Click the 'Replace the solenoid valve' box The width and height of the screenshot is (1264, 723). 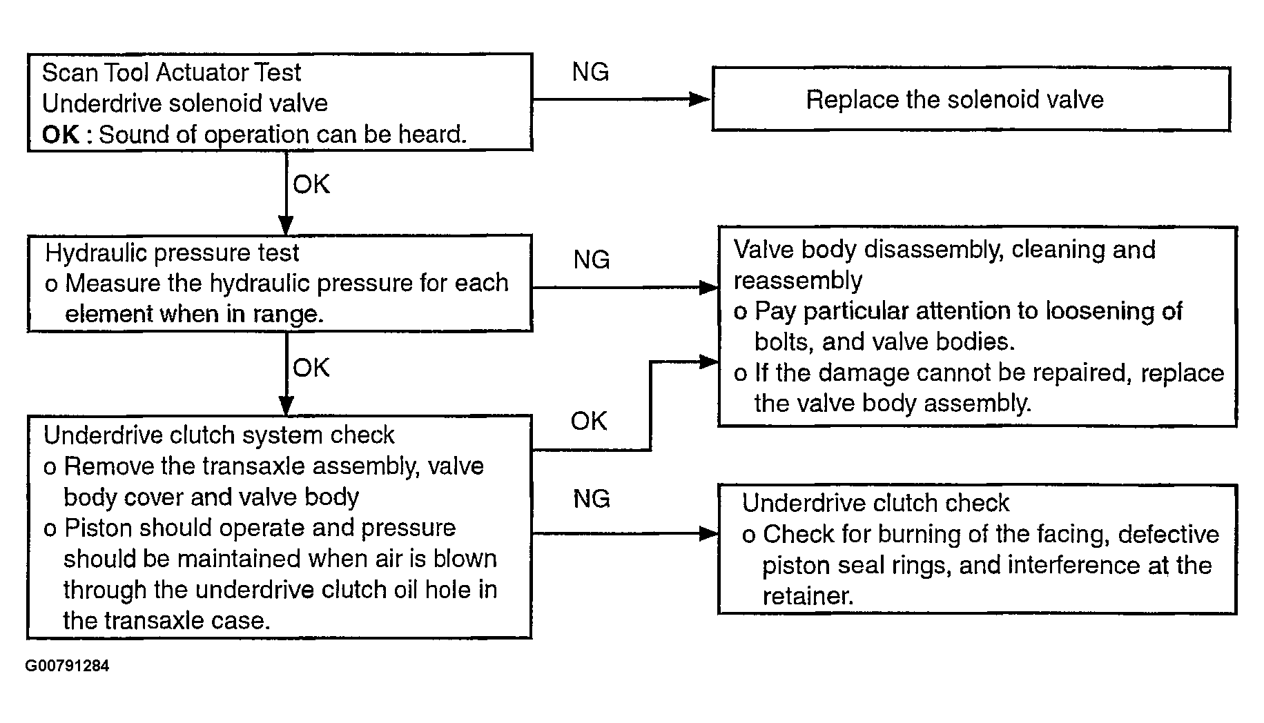point(971,99)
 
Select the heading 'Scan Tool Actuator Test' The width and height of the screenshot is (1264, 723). point(171,72)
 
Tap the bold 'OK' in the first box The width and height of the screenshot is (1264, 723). point(61,135)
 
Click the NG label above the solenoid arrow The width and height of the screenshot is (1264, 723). point(590,72)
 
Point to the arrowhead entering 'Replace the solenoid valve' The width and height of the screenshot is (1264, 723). point(701,99)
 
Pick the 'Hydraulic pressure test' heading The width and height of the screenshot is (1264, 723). point(172,252)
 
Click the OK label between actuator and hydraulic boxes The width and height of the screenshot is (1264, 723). point(311,184)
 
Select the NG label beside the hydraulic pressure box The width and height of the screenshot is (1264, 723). point(592,259)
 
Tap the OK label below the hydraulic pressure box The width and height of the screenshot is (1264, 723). point(311,368)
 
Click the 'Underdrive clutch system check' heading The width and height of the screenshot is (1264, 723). point(219,435)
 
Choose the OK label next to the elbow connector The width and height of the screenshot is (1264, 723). point(589,421)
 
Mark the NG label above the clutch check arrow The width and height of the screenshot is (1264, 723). point(592,498)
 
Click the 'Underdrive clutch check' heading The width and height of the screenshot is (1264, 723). point(875,503)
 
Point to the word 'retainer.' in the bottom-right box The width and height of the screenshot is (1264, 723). point(808,596)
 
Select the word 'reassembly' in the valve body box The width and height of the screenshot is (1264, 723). point(798,281)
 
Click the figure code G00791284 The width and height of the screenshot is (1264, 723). point(67,666)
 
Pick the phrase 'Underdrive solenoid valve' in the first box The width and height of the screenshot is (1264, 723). point(185,103)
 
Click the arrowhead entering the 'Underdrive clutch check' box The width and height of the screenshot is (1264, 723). point(709,533)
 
